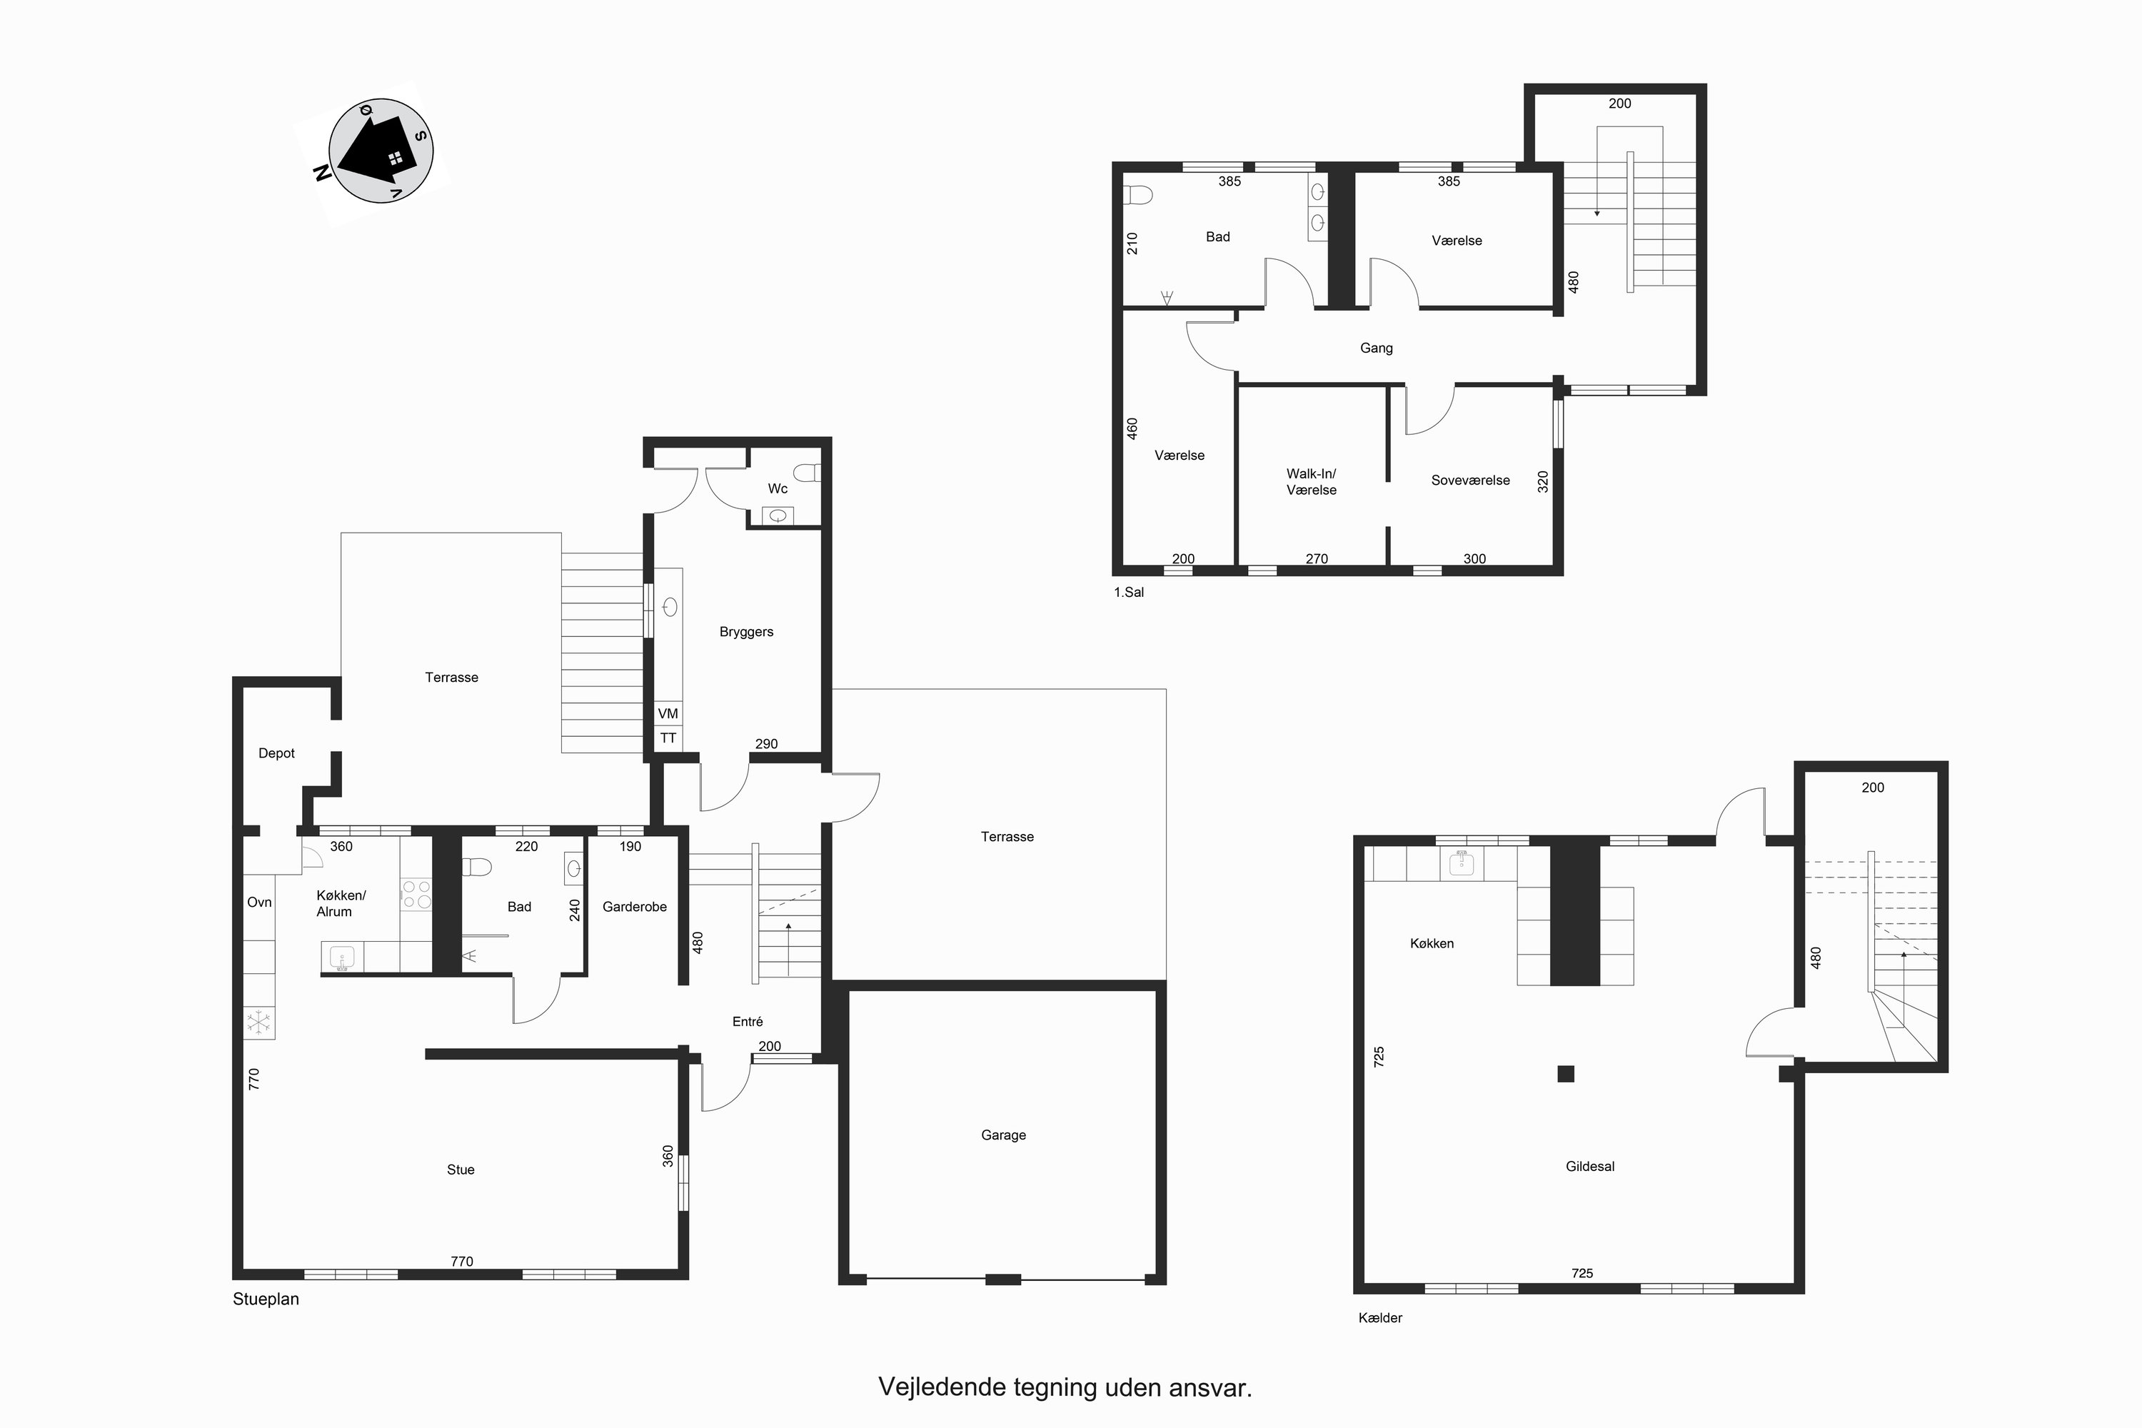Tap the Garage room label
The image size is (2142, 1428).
click(x=1004, y=1135)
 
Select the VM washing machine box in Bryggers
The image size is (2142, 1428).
click(x=668, y=714)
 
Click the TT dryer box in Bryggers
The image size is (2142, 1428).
click(x=668, y=738)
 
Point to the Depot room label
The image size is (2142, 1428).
click(x=277, y=753)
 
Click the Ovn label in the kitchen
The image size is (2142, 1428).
click(x=260, y=902)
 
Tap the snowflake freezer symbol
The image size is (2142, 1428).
click(x=260, y=1022)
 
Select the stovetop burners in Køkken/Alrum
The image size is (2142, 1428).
click(x=416, y=893)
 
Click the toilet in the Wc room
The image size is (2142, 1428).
click(x=807, y=473)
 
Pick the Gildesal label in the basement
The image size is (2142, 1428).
click(x=1590, y=1167)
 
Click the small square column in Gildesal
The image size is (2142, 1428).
click(x=1566, y=1074)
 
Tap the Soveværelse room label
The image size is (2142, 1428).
click(x=1470, y=480)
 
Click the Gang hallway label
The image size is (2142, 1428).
click(x=1376, y=348)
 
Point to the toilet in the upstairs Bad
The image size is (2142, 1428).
click(x=1138, y=195)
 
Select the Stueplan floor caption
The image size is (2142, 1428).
click(x=266, y=1299)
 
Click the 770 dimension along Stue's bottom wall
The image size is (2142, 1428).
click(x=462, y=1262)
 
